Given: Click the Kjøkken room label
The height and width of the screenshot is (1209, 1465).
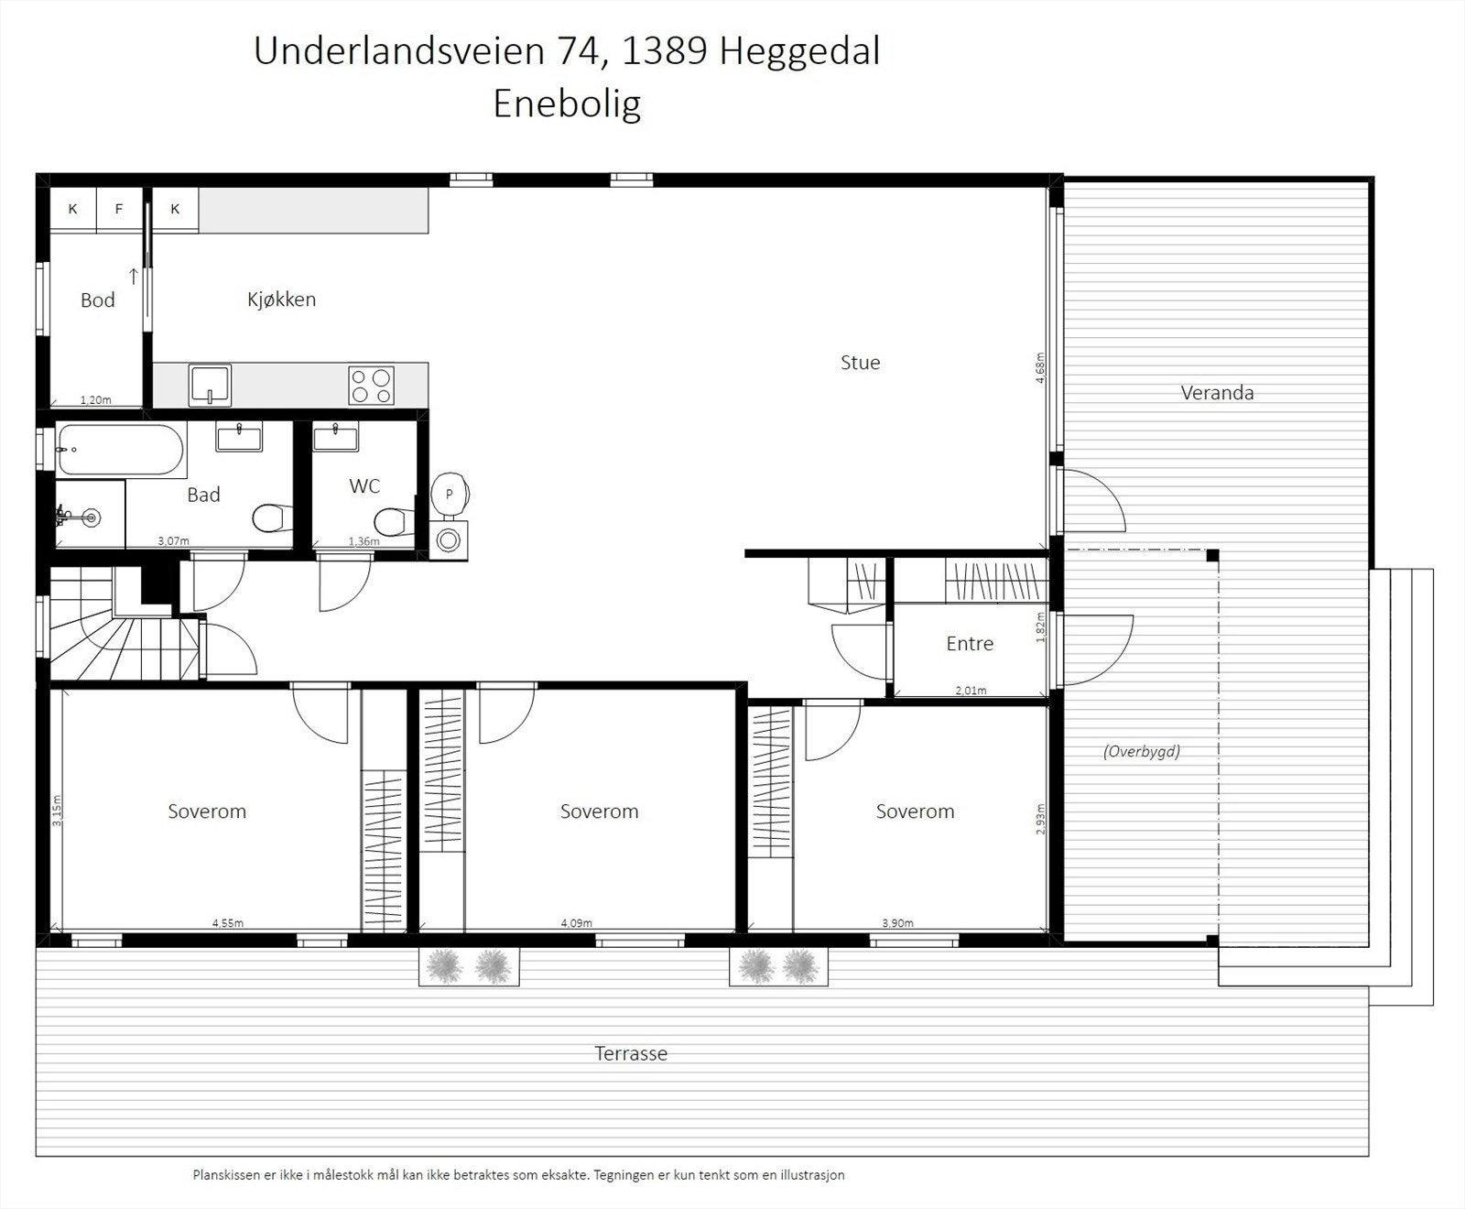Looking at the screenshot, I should point(281,300).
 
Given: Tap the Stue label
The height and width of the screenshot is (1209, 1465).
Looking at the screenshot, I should point(860,363).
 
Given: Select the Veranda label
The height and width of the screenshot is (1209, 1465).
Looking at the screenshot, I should point(1217,393).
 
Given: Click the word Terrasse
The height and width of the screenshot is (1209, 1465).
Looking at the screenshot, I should point(631,1053).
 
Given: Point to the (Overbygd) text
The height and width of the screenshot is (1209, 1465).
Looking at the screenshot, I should point(1142,751).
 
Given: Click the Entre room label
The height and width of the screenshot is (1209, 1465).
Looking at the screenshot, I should point(970,644).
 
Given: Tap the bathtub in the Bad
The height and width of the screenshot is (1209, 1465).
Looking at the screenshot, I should point(120,450).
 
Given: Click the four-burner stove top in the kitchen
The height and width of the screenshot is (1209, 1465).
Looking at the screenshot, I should point(371,385).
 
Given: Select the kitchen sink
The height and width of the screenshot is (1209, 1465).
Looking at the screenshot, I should point(210,385).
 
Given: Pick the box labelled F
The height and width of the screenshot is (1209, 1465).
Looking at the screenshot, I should point(119,209).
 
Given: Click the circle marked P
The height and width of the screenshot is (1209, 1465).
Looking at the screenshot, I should point(449,493).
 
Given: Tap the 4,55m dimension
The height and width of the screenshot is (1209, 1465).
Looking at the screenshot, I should point(228,923).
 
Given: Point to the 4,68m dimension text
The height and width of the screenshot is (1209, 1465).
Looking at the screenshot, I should point(1041,367).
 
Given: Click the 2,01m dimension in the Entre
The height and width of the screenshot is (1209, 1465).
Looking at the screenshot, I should point(971,691).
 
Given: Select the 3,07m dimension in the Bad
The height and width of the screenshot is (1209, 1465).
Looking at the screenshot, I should point(173,541).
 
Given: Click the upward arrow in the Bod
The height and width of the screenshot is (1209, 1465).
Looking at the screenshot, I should point(133,276).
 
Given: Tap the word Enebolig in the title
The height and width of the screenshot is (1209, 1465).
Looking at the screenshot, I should point(567,103).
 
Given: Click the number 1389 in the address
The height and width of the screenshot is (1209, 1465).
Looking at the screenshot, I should point(664,51).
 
